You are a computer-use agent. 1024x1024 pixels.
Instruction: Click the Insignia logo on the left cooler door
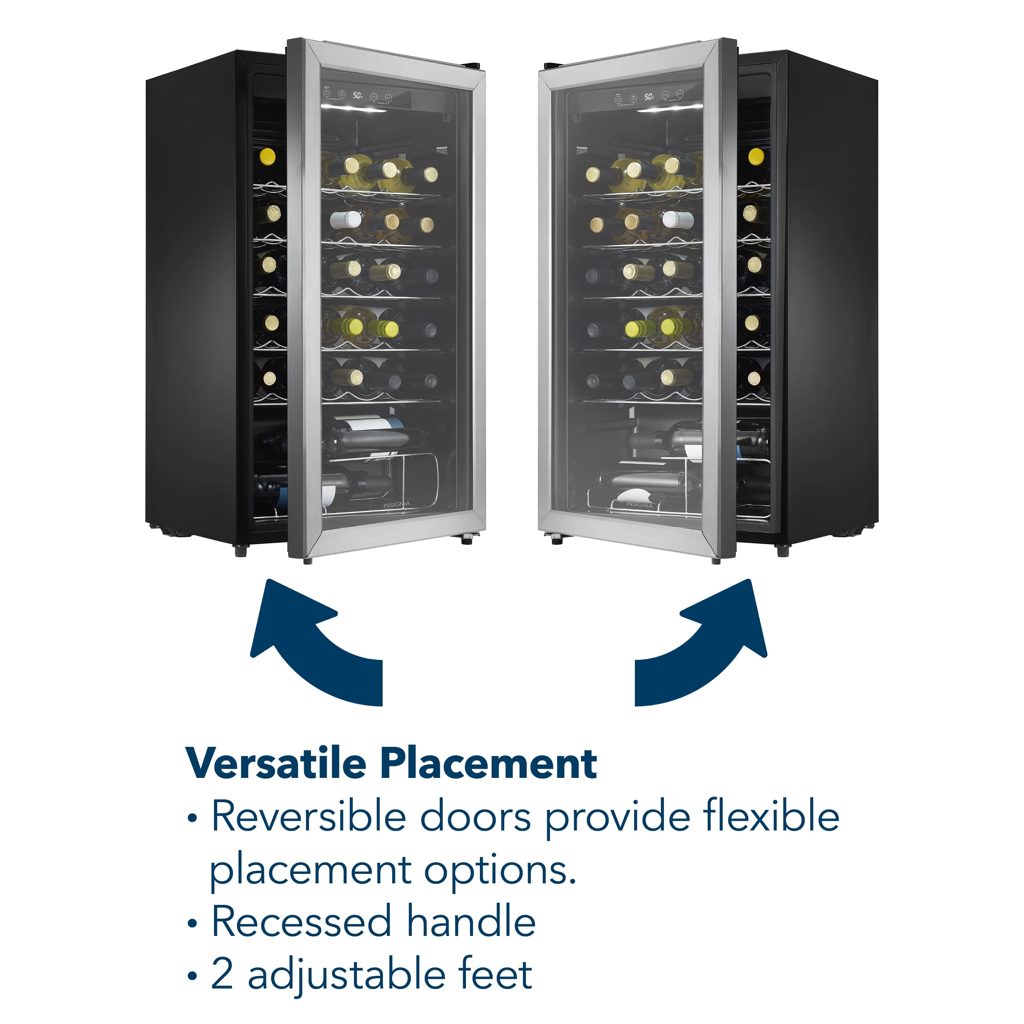[x=396, y=504]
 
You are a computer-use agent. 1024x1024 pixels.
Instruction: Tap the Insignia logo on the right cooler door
[x=639, y=504]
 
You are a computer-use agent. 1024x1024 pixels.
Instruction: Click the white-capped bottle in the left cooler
[x=345, y=219]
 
